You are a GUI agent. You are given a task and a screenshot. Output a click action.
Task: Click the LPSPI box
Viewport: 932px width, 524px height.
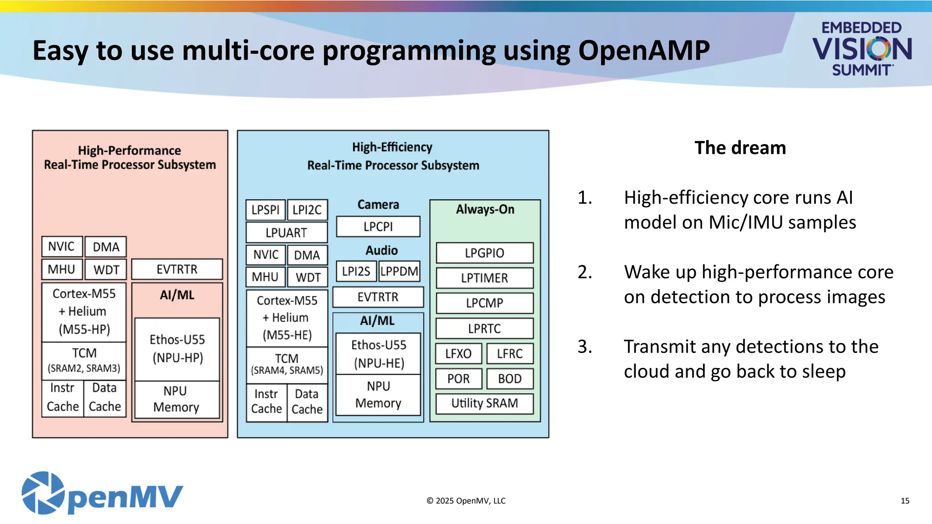point(265,210)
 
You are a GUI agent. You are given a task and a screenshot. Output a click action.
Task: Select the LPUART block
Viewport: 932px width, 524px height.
point(286,232)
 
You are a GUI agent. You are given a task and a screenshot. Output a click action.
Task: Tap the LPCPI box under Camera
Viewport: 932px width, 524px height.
point(378,227)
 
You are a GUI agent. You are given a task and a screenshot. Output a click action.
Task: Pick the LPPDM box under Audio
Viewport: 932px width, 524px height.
point(399,272)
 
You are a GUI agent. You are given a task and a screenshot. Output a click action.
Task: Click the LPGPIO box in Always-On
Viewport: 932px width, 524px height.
point(484,253)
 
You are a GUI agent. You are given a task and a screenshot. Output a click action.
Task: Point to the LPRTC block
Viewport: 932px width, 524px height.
point(484,328)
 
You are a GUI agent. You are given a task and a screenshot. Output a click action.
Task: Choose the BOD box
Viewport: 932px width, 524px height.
point(509,378)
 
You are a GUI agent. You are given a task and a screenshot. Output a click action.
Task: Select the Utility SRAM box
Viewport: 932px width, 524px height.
point(484,403)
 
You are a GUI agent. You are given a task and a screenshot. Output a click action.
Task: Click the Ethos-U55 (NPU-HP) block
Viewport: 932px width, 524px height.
point(177,349)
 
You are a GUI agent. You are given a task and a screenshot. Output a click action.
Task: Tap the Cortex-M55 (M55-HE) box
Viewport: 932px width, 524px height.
point(287,317)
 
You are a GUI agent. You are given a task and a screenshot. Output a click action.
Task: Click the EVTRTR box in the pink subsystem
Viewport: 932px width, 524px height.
point(177,269)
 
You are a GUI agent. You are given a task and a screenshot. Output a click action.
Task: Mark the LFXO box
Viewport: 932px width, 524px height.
point(458,353)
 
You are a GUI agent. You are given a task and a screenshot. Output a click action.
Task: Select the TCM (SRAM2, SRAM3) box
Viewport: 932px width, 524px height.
point(84,360)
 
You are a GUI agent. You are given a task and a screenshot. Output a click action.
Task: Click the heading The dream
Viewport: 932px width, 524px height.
point(740,148)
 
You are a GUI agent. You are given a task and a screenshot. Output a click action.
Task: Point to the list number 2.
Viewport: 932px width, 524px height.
point(585,272)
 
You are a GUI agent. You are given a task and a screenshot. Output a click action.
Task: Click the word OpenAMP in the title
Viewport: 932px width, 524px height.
point(643,50)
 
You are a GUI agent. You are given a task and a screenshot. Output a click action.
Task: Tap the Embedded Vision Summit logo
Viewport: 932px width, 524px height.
point(861,48)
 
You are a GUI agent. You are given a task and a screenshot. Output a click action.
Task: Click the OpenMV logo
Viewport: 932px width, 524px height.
point(102,494)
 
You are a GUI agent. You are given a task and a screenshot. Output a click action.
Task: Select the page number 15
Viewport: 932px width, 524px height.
point(905,501)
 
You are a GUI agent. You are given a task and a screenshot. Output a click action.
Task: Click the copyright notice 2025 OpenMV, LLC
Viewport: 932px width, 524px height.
point(466,501)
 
